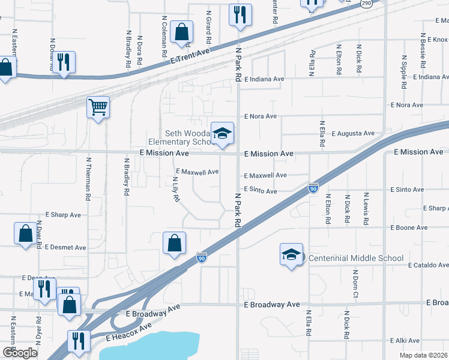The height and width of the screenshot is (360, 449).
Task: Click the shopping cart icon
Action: [98, 108]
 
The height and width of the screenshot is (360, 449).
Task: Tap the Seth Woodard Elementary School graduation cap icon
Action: [222, 133]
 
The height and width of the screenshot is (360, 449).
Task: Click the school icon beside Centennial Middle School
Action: [291, 254]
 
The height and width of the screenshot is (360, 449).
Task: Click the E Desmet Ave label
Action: [66, 247]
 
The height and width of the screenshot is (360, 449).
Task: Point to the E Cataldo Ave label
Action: [427, 265]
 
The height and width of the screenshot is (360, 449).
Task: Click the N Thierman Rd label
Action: [88, 179]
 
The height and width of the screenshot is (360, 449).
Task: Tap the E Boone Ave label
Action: [409, 227]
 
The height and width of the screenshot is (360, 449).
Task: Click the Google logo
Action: [20, 353]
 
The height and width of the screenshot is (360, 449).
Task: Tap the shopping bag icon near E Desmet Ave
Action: [25, 234]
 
